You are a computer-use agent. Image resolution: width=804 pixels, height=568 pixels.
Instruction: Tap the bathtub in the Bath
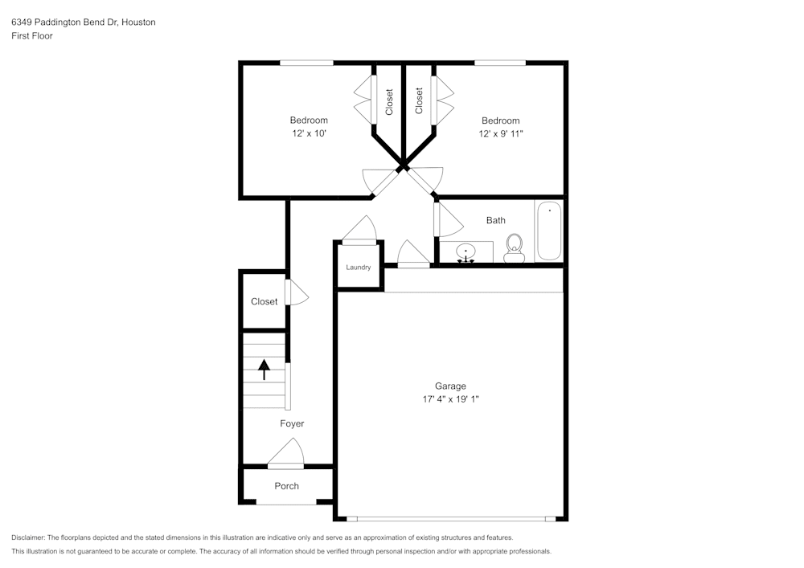pos(549,231)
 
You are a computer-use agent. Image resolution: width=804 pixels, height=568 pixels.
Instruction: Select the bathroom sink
pos(466,253)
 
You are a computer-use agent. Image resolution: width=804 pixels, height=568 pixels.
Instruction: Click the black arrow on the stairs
pos(264,370)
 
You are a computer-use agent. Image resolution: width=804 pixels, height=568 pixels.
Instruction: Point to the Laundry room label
pos(358,268)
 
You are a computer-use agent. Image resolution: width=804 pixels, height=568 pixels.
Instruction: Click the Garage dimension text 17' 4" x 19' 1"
pos(450,398)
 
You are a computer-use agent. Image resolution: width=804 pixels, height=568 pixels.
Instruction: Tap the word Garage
pos(450,386)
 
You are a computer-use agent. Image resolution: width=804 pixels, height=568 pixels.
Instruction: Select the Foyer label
pos(292,423)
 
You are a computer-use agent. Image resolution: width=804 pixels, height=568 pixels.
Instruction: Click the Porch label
pos(286,486)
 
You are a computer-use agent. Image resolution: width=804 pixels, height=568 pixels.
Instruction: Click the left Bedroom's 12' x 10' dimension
pos(309,133)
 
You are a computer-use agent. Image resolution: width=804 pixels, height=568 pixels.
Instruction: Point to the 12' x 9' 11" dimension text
pos(500,133)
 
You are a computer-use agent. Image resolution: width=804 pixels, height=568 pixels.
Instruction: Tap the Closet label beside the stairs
pos(264,302)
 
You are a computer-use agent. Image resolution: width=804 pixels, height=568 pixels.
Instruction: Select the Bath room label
pos(495,220)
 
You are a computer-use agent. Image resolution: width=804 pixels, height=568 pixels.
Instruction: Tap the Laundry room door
pos(359,231)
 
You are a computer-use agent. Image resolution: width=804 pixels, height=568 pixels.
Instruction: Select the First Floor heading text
pos(32,36)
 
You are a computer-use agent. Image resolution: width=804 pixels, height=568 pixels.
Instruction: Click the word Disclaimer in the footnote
pos(28,537)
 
